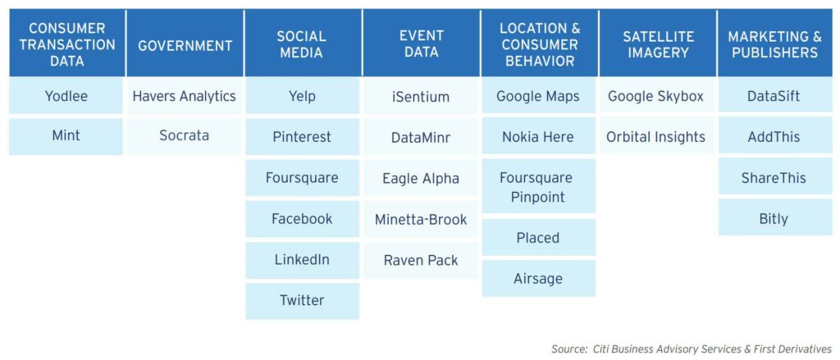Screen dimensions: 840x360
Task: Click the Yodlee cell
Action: [66, 96]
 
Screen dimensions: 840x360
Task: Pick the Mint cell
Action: [66, 136]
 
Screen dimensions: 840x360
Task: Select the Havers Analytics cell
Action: [185, 96]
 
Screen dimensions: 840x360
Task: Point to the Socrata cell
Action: [185, 136]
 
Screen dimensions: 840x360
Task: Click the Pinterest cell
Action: [302, 137]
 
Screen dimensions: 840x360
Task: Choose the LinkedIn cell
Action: [302, 260]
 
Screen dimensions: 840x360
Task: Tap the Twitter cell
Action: [302, 300]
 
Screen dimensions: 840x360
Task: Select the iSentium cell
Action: [421, 97]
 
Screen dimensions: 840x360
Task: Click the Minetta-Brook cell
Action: [421, 219]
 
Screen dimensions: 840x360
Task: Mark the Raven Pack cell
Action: [421, 260]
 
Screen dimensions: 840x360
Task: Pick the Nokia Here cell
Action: [538, 137]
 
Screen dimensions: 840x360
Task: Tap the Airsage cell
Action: [538, 279]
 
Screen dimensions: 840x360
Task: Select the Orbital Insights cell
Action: [656, 137]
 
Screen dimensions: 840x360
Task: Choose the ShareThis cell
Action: [774, 177]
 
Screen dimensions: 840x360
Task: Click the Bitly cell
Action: [774, 219]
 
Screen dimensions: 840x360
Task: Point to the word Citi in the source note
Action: [601, 349]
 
